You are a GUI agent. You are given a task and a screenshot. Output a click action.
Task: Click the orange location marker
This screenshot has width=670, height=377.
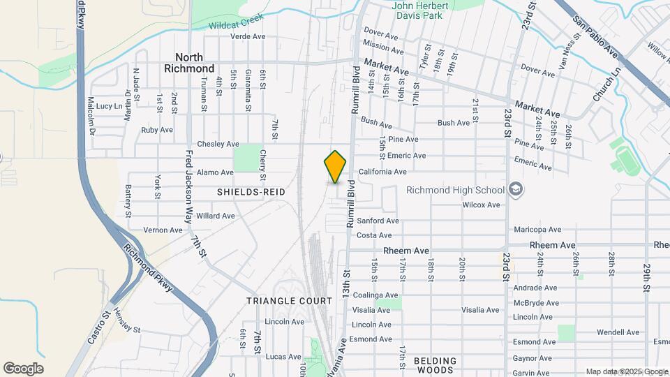(x=336, y=166)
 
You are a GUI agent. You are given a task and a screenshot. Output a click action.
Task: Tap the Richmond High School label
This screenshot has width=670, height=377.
(x=455, y=190)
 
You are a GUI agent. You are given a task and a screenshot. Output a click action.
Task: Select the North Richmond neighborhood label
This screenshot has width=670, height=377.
(x=189, y=63)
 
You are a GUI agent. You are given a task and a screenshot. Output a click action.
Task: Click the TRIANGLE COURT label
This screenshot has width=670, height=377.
(x=289, y=301)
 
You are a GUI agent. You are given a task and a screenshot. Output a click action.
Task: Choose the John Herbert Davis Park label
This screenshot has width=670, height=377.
(x=426, y=10)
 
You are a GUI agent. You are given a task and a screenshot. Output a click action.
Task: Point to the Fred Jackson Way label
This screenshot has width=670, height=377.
(x=188, y=184)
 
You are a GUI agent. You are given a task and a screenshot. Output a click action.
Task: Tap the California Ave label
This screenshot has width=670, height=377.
(x=382, y=172)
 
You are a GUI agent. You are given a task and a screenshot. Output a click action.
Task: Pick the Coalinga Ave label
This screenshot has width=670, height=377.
(x=375, y=295)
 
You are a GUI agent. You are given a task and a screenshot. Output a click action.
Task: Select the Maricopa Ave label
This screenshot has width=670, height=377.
(x=537, y=230)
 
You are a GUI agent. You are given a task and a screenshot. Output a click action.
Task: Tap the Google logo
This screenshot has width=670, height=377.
(x=23, y=369)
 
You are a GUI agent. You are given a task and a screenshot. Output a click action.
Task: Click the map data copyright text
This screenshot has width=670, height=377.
(x=626, y=371)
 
